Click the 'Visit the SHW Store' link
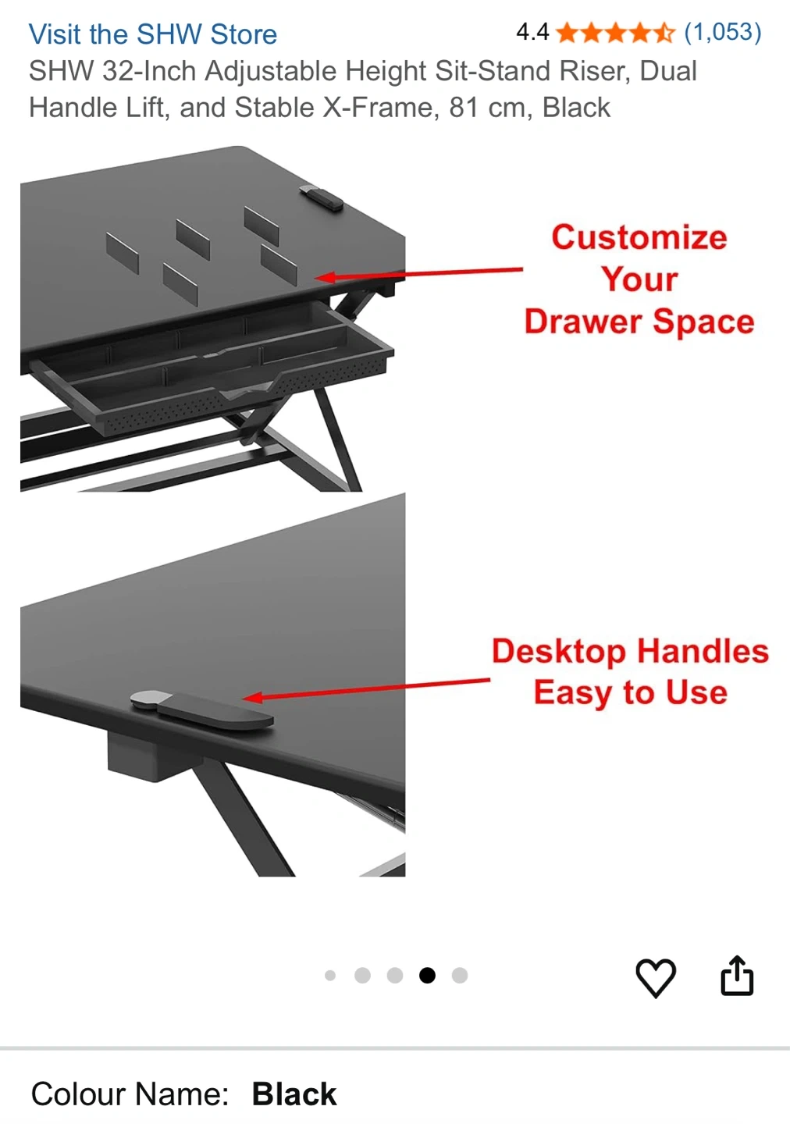(152, 34)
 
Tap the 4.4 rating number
(532, 32)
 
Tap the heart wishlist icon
(656, 977)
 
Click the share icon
(737, 975)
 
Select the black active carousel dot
(427, 975)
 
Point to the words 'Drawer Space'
(639, 321)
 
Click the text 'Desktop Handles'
(630, 651)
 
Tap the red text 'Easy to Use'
(630, 692)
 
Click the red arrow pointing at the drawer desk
(418, 274)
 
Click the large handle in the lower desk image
(201, 709)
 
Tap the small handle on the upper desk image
(321, 198)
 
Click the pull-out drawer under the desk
(211, 372)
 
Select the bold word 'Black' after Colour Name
(294, 1094)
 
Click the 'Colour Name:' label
(130, 1094)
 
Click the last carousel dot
(460, 975)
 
